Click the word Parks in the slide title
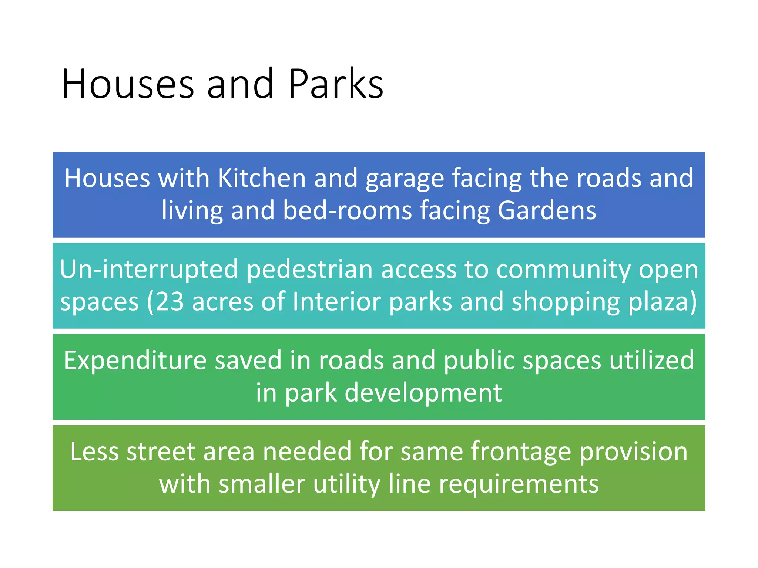pyautogui.click(x=335, y=84)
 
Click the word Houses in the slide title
pyautogui.click(x=128, y=84)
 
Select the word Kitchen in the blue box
pyautogui.click(x=262, y=178)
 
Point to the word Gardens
pyautogui.click(x=547, y=210)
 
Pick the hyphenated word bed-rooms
pyautogui.click(x=347, y=210)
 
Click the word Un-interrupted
pyautogui.click(x=148, y=270)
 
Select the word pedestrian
pyautogui.click(x=309, y=270)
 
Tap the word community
pyautogui.click(x=563, y=270)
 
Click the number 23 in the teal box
pyautogui.click(x=170, y=301)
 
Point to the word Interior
pyautogui.click(x=336, y=301)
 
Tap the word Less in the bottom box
pyautogui.click(x=94, y=452)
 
